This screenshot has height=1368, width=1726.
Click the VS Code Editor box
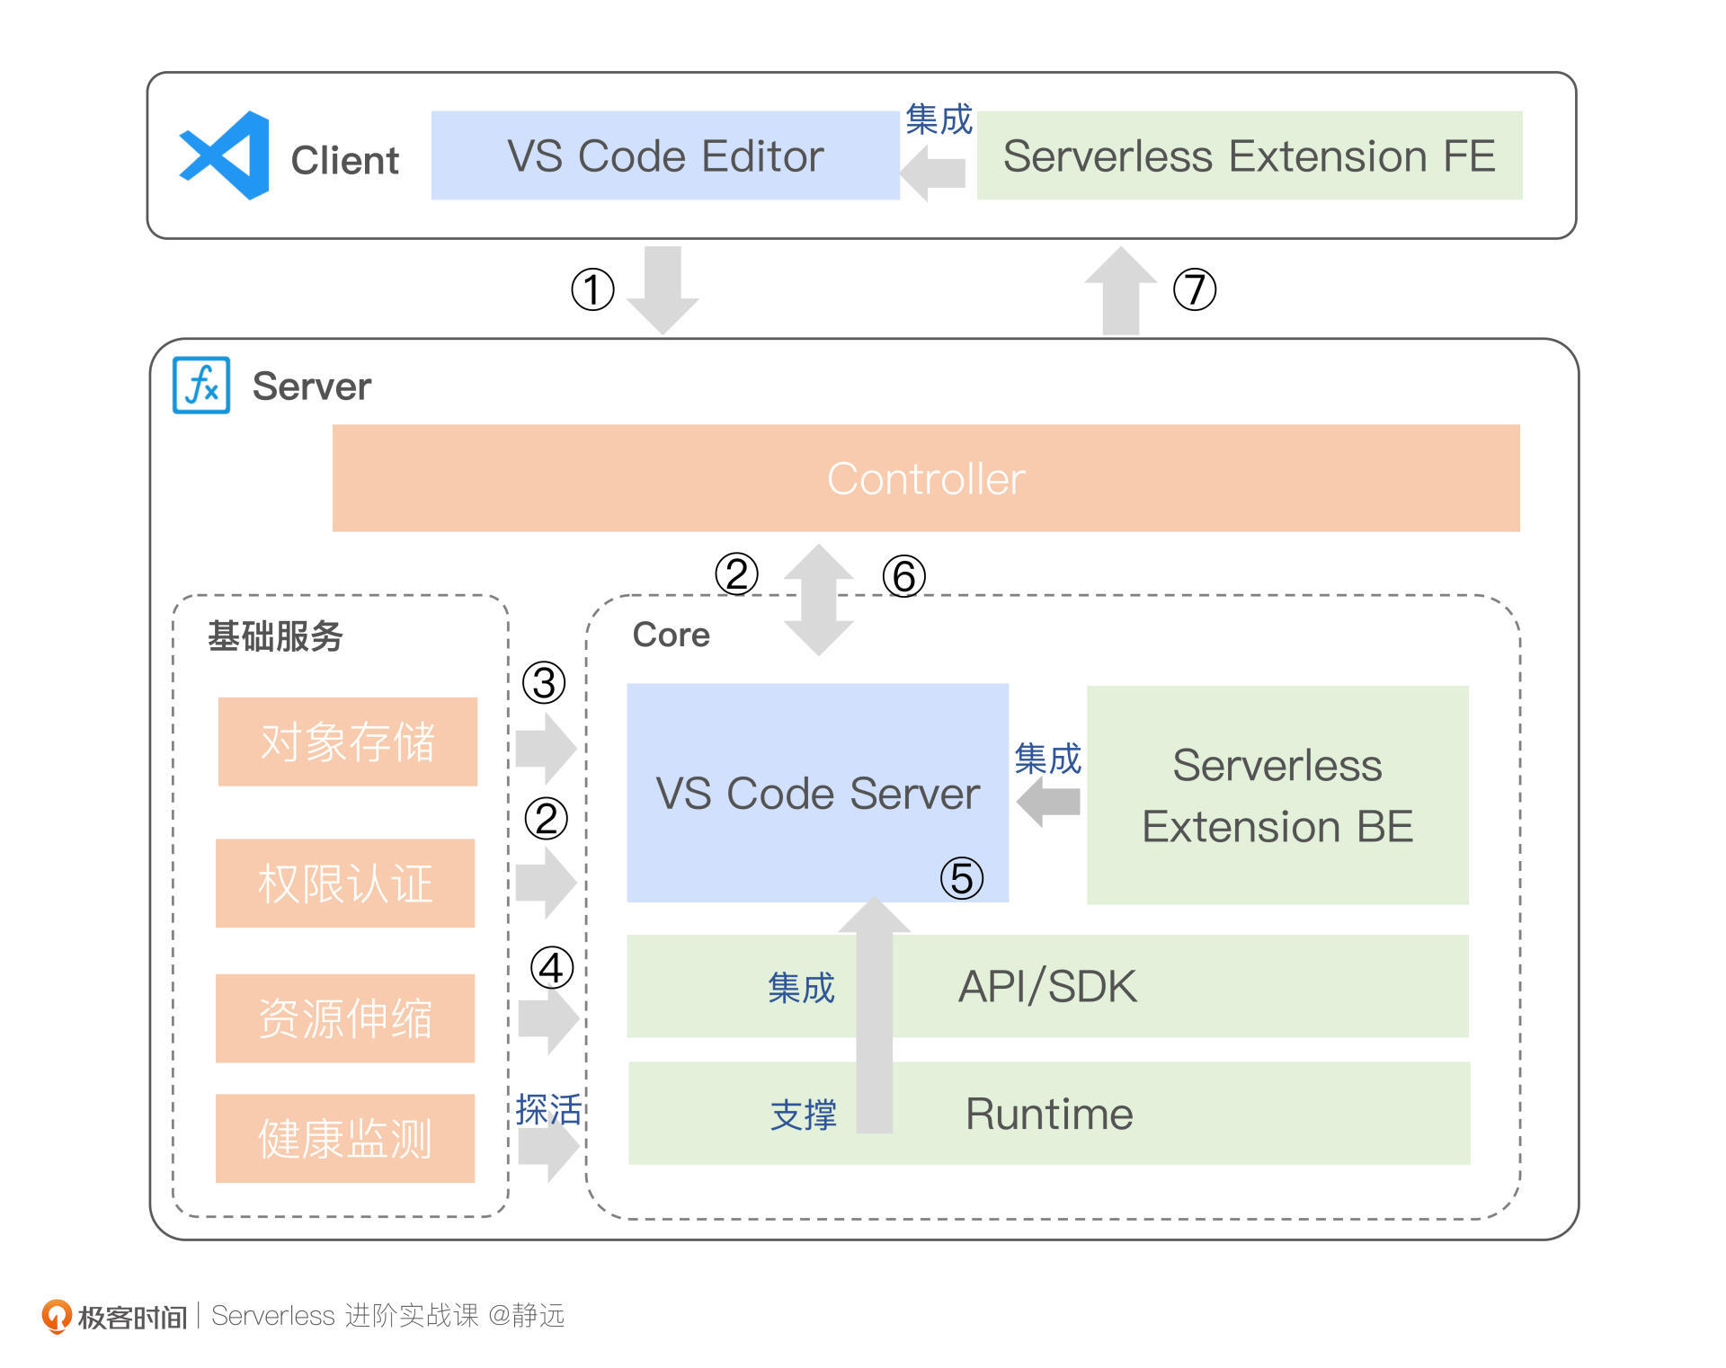(x=665, y=155)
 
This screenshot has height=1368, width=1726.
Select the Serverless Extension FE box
(x=1249, y=155)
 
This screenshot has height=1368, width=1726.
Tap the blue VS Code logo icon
(x=226, y=155)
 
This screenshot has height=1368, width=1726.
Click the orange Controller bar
(x=925, y=478)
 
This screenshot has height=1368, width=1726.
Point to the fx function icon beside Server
(x=201, y=386)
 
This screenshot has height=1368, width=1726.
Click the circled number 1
(x=592, y=289)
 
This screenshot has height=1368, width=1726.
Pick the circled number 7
(x=1195, y=289)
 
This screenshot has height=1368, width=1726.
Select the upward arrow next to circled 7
(x=1120, y=290)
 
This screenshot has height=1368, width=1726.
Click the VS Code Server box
(x=817, y=793)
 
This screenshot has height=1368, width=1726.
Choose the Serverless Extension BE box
(x=1277, y=795)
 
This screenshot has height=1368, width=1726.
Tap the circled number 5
(x=961, y=878)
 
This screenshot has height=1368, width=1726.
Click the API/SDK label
(x=1047, y=986)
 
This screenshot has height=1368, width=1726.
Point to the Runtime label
(x=1049, y=1114)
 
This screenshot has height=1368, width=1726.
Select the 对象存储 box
(x=347, y=742)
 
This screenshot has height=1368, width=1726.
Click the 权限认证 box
(x=345, y=883)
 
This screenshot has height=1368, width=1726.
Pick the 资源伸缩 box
(x=345, y=1018)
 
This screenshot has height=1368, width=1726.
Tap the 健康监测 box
(x=345, y=1138)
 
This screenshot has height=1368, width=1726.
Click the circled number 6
(x=903, y=576)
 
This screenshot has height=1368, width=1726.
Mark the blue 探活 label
(x=548, y=1110)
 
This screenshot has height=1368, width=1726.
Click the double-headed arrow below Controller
(x=818, y=600)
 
